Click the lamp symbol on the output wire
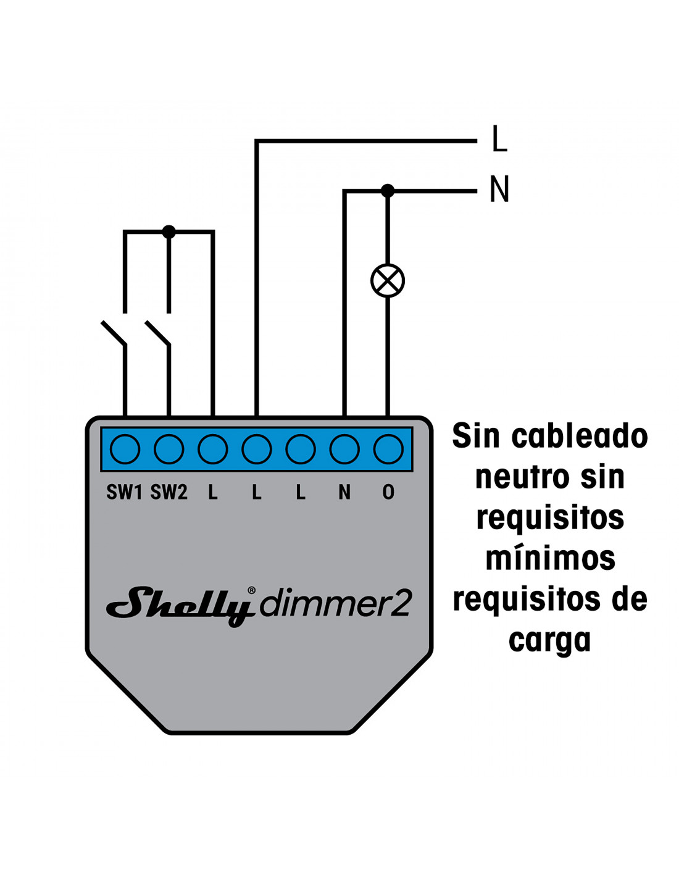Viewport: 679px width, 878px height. click(x=388, y=281)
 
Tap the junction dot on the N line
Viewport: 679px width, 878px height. click(x=388, y=190)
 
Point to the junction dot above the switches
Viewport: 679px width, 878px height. click(x=169, y=232)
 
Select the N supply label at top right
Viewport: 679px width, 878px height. click(x=499, y=189)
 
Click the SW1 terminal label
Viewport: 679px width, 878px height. click(x=124, y=492)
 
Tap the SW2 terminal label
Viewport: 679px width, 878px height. click(x=169, y=492)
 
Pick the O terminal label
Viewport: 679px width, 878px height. click(x=388, y=492)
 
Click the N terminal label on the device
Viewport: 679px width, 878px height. click(x=344, y=492)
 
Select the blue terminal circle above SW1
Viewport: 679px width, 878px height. click(x=125, y=449)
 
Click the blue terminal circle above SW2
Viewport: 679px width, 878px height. click(x=169, y=449)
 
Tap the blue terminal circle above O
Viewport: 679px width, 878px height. click(x=388, y=449)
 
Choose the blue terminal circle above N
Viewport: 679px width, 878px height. click(x=344, y=449)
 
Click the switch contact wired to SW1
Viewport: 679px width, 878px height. click(x=114, y=333)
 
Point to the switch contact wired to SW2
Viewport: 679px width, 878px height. click(x=158, y=333)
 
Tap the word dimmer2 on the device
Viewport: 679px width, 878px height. click(x=335, y=604)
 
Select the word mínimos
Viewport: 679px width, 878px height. click(x=550, y=558)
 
